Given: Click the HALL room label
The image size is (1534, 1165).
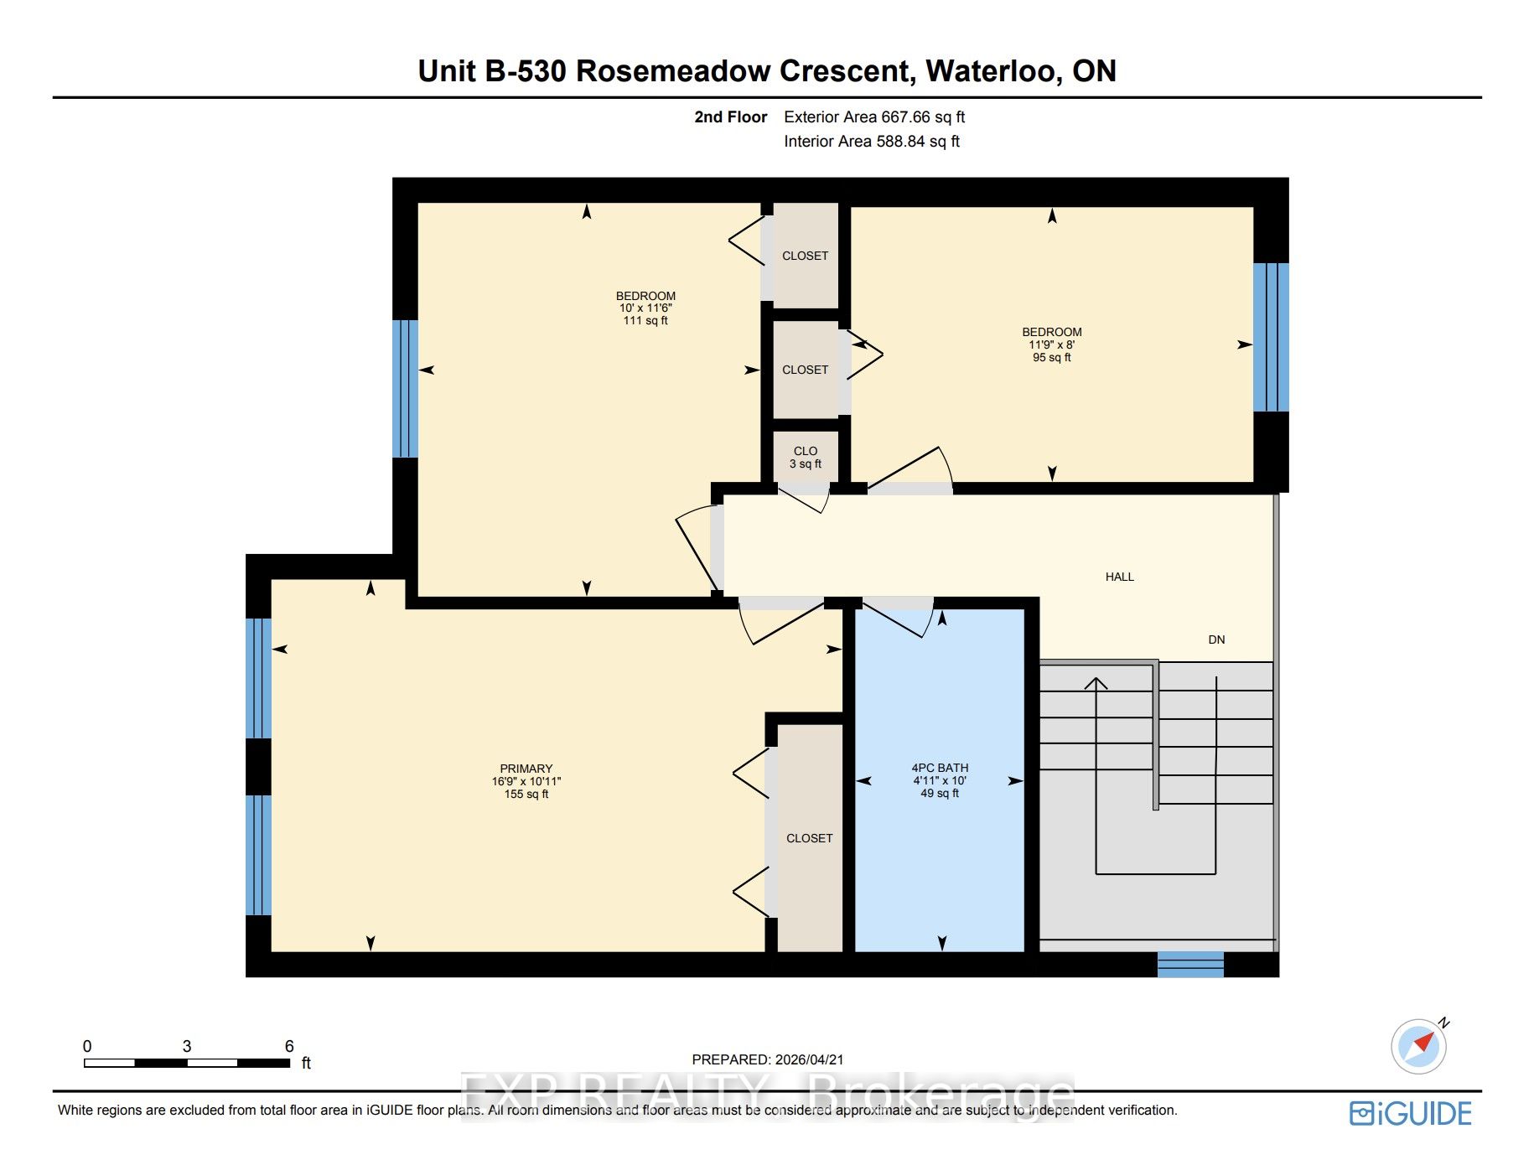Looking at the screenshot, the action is click(x=1119, y=577).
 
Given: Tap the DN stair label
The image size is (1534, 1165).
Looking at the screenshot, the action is click(x=1216, y=639).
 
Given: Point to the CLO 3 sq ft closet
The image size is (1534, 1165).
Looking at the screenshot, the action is click(x=806, y=457).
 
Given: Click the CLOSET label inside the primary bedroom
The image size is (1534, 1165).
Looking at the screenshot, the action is click(x=810, y=838).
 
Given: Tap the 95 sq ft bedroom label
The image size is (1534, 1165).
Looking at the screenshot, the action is click(x=1052, y=344).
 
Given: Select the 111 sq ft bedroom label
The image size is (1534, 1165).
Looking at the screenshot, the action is click(x=645, y=308).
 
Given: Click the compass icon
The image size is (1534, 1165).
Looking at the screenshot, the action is click(x=1419, y=1046).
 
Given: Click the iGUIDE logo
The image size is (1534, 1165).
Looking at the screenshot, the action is click(x=1411, y=1114).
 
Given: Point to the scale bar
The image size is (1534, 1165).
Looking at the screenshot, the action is click(x=187, y=1063).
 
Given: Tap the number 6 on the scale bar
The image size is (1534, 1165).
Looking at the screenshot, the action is click(x=289, y=1046).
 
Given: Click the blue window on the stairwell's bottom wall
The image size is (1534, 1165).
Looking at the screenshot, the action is click(x=1190, y=965).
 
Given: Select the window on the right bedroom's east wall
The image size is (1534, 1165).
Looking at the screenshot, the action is click(x=1271, y=337).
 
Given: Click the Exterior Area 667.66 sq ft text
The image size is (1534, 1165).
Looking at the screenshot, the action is click(x=874, y=117).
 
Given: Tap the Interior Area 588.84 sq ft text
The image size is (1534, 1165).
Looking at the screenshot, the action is click(x=872, y=142).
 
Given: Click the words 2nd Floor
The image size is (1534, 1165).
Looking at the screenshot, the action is click(x=731, y=117).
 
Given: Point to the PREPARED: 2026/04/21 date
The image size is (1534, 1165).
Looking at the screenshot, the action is click(x=768, y=1059).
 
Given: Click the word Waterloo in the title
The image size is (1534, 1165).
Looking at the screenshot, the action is click(x=993, y=71).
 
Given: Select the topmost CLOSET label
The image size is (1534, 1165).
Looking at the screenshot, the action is click(x=806, y=256).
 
